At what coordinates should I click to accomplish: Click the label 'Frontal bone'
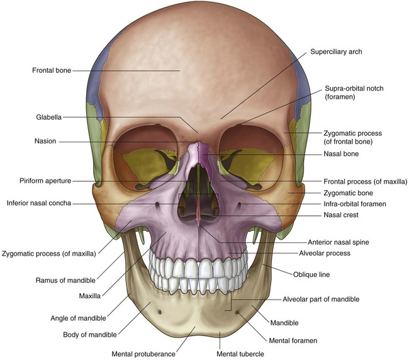pyautogui.click(x=51, y=70)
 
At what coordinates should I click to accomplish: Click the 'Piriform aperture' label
pyautogui.click(x=45, y=181)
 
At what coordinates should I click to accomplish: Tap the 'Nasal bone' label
pyautogui.click(x=342, y=154)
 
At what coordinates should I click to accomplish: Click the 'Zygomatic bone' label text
pyautogui.click(x=347, y=193)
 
